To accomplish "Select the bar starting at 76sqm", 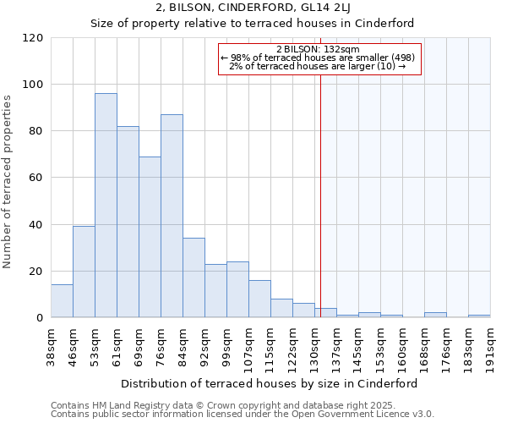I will pos(172,216).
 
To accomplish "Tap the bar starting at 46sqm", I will pos(84,272).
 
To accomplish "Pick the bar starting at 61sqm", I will pos(128,222).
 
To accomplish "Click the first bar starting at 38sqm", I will pos(62,301).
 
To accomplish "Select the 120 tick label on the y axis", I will pos(32,38).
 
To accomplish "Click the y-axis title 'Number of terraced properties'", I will pos(8,182).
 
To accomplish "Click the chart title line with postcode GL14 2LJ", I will pos(253,8).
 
